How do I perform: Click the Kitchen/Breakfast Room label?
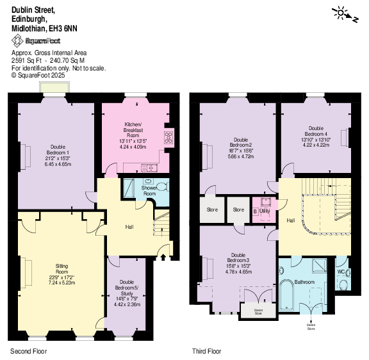click(x=133, y=129)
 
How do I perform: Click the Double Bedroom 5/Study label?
click(x=126, y=286)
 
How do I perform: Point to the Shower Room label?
click(x=148, y=190)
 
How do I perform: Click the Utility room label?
click(x=265, y=210)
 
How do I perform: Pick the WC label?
click(x=341, y=272)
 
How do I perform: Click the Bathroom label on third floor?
click(x=304, y=282)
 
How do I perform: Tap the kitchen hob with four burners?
click(x=168, y=136)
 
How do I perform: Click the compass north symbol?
click(x=343, y=12)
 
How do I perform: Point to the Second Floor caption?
click(x=28, y=352)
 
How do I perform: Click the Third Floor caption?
click(x=206, y=352)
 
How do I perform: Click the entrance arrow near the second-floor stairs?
click(x=161, y=258)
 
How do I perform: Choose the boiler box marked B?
click(x=256, y=211)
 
